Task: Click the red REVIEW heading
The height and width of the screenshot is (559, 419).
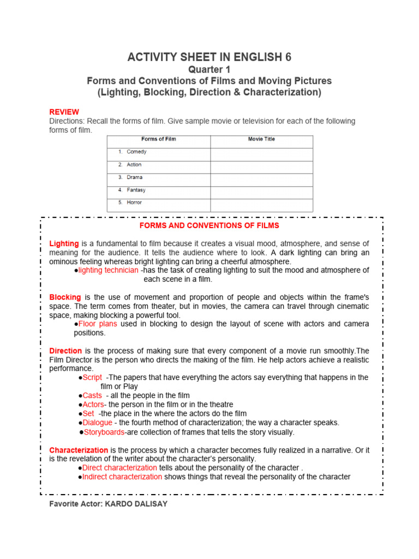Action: click(64, 112)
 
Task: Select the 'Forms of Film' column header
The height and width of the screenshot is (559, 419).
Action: click(159, 140)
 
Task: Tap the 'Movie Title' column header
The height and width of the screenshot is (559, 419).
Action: click(261, 140)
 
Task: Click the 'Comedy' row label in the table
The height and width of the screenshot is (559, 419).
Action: click(136, 152)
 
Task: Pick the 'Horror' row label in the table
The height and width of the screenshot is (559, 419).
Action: click(134, 203)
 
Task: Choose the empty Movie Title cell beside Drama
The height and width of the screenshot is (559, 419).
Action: click(261, 177)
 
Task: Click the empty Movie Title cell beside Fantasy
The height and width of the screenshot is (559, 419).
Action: click(261, 191)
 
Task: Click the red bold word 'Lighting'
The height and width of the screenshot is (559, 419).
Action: click(64, 243)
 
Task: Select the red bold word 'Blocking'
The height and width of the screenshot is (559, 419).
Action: click(65, 297)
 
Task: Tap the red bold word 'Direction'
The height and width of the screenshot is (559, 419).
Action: click(65, 350)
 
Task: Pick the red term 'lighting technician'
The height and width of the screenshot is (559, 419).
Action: click(108, 270)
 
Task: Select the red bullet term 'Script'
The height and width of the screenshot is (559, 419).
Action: click(92, 377)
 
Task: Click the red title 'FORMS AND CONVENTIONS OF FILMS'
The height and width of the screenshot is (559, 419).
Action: click(209, 225)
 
